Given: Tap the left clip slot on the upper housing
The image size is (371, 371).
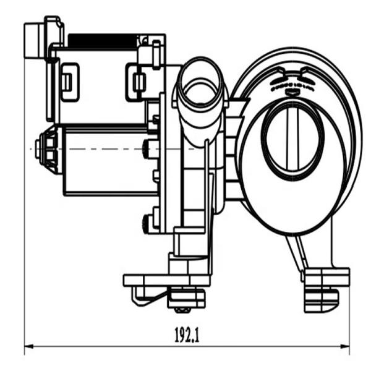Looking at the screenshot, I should point(70,81).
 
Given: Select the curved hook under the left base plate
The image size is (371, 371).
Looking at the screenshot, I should point(137,298).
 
